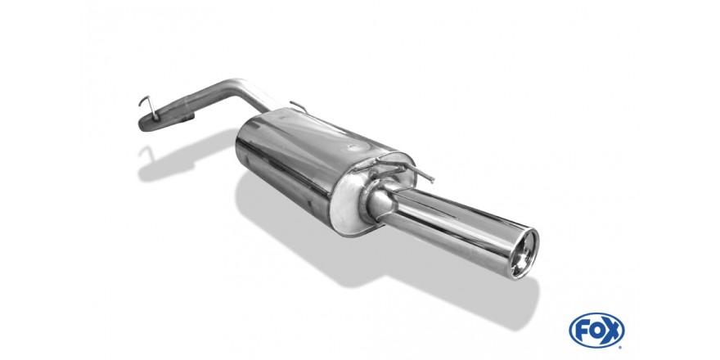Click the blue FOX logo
[596, 330]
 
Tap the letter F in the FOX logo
[582, 330]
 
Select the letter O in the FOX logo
[597, 330]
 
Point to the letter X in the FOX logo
[612, 330]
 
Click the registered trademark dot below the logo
[620, 347]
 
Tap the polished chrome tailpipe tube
[455, 225]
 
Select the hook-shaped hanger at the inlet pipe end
[149, 107]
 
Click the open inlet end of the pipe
[146, 124]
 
